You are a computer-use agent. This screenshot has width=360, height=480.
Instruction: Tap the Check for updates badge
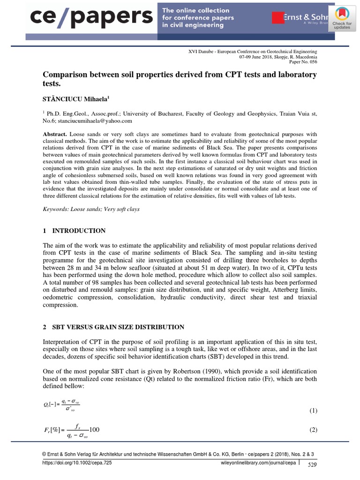tap(342, 19)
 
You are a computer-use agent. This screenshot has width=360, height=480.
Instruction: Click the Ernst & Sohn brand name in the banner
tap(300, 18)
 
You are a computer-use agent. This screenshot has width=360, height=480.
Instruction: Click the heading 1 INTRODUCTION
tap(74, 231)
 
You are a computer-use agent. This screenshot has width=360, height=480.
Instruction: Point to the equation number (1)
tap(314, 411)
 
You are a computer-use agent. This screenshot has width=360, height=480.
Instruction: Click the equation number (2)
tap(314, 430)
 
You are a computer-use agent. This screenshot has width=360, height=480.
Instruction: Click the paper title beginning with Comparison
tap(180, 79)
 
